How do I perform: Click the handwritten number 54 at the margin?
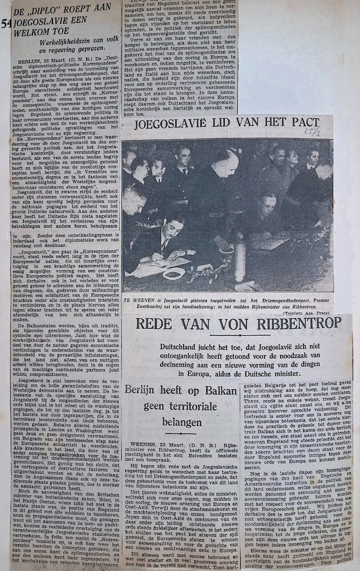coord(5,23)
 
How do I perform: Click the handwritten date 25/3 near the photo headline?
coord(309,132)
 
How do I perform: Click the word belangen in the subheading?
coord(181,422)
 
